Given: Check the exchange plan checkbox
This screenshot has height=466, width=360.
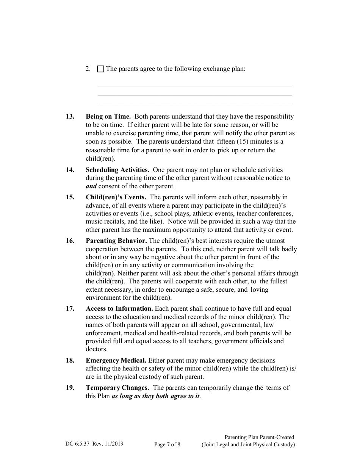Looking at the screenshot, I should [x=100, y=69].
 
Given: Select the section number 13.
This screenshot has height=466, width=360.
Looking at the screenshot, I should [x=70, y=117].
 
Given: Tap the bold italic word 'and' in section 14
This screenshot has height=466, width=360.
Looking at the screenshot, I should [x=91, y=186].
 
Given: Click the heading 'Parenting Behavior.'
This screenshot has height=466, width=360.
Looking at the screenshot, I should [x=116, y=241].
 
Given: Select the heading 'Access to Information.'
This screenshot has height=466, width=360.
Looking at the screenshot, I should [x=119, y=309].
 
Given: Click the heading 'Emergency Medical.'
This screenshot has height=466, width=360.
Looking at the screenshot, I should [x=116, y=360].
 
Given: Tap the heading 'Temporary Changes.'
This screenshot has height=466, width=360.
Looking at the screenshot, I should [x=117, y=388].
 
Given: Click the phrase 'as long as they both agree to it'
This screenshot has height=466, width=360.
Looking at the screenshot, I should [x=155, y=396].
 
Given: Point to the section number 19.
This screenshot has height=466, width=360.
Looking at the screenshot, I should [x=70, y=388].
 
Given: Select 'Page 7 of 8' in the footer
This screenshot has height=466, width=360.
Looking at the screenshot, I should [x=167, y=445].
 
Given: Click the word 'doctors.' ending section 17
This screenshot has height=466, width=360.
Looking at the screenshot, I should [x=97, y=349].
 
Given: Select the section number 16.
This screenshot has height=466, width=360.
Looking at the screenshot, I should [x=70, y=241].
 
